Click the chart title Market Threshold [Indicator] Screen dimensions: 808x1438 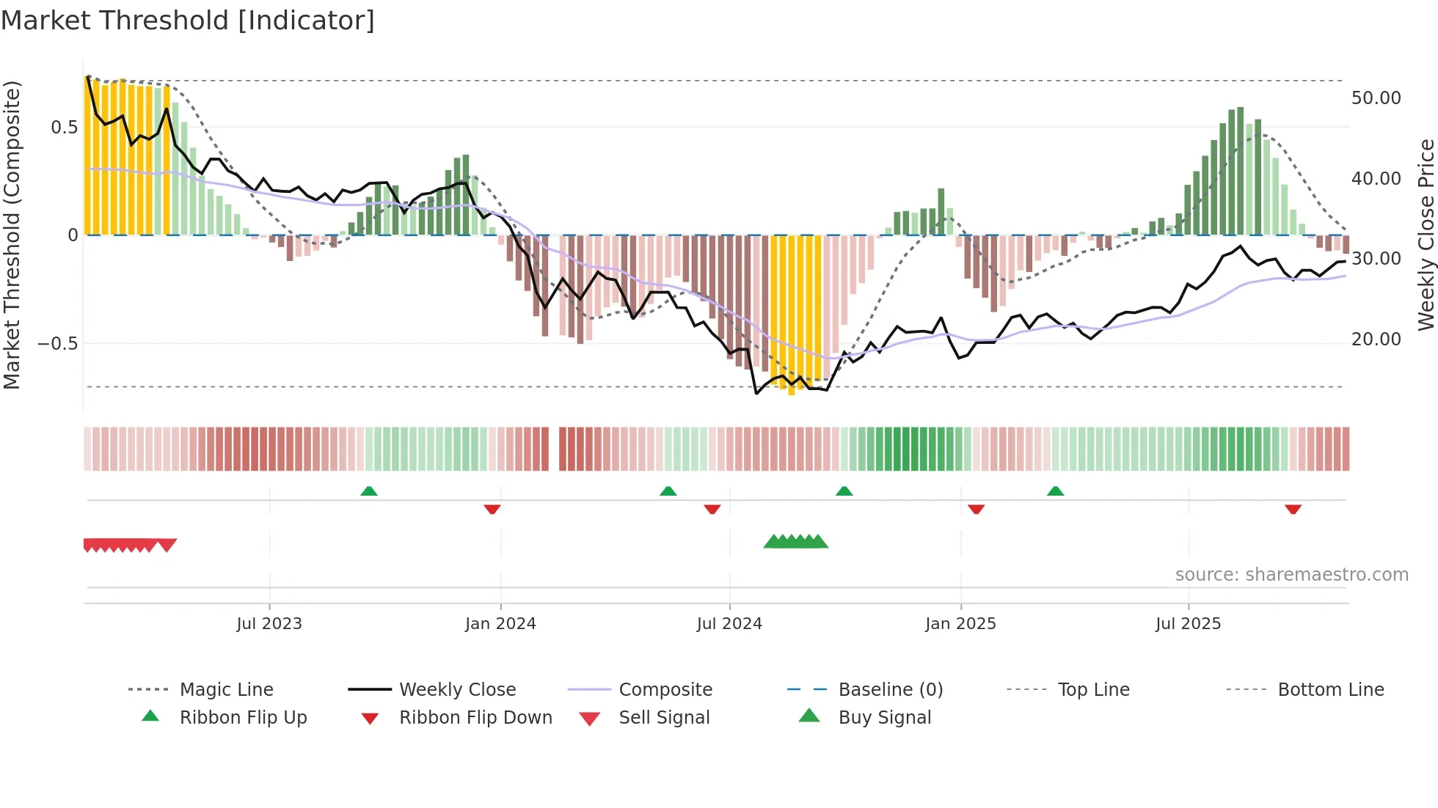(x=188, y=21)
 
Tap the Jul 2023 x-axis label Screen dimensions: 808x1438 (x=269, y=624)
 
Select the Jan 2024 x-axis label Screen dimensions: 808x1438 (x=500, y=624)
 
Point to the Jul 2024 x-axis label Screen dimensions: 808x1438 (x=729, y=624)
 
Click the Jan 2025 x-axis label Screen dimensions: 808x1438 (x=960, y=624)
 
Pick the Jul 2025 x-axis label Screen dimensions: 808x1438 (x=1188, y=624)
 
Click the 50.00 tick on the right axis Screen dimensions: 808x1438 (x=1376, y=98)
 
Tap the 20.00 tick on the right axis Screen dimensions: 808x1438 (x=1376, y=339)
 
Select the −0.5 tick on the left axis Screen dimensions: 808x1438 (x=57, y=344)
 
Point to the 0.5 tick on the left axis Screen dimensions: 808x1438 (x=64, y=128)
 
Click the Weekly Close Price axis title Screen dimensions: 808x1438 (x=1426, y=235)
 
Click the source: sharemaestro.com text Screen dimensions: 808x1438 (x=1291, y=575)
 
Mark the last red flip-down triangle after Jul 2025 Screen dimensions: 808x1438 (x=1293, y=509)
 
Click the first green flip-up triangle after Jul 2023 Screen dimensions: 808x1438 (x=369, y=491)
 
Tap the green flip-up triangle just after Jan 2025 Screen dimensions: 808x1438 (x=1055, y=491)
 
